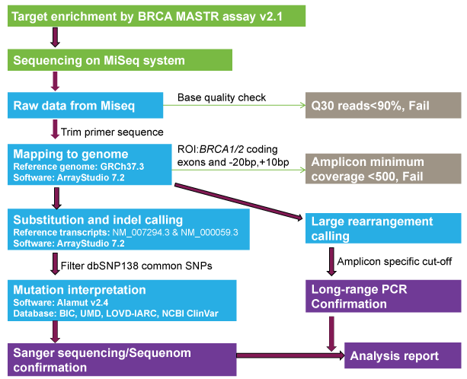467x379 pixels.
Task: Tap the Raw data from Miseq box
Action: [87, 106]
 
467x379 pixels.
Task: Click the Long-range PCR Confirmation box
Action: [382, 296]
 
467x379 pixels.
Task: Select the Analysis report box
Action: [403, 355]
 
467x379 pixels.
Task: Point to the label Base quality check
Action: [222, 98]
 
